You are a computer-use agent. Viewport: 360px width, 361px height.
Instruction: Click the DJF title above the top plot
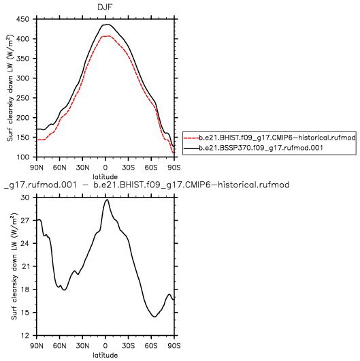click(105, 7)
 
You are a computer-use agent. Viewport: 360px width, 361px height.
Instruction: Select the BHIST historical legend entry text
click(278, 138)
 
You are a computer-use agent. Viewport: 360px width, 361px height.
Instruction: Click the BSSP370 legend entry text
click(261, 148)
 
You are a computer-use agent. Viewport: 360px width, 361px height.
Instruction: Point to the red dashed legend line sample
click(192, 138)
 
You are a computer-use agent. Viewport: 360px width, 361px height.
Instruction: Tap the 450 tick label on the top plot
click(22, 19)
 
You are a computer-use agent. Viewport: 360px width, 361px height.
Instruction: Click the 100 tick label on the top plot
click(22, 157)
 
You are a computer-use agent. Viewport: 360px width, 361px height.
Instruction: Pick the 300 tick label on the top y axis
click(22, 78)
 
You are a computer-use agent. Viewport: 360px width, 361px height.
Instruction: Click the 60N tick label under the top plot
click(60, 168)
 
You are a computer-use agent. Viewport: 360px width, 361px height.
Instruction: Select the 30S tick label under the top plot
click(128, 168)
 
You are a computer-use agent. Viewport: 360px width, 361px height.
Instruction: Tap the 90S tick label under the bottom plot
click(174, 346)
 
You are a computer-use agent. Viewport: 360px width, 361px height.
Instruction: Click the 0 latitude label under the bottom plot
click(105, 346)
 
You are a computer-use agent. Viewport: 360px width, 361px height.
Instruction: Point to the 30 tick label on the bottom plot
click(25, 198)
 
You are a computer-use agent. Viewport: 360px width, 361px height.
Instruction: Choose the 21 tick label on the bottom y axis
click(25, 266)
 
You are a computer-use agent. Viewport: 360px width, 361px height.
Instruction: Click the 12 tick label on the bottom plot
click(25, 335)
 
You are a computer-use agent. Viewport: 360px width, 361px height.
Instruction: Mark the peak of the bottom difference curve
click(107, 200)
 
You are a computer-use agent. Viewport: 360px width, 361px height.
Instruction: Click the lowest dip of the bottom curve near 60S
click(154, 317)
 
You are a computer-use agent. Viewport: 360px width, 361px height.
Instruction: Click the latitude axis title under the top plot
click(105, 177)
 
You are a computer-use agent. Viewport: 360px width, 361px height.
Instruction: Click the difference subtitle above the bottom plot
click(146, 185)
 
